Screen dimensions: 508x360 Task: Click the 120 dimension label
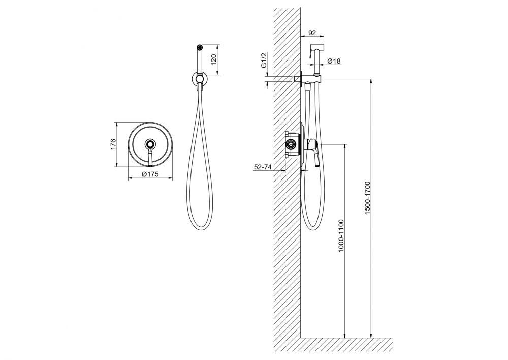tap(214, 59)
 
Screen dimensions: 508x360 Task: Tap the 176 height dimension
tap(113, 144)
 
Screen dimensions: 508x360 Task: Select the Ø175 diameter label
tap(150, 174)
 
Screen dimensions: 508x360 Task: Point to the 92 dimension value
tap(312, 33)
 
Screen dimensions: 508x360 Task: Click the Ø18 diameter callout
tap(334, 61)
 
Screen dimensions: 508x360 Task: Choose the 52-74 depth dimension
tap(263, 167)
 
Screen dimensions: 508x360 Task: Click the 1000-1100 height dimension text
tap(340, 236)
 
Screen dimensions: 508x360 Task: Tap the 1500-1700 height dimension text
tap(367, 197)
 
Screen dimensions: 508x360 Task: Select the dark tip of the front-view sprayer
tap(199, 47)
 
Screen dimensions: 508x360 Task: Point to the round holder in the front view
tap(200, 78)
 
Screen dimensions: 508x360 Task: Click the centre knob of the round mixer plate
tap(150, 144)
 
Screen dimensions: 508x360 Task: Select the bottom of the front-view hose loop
tap(200, 229)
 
